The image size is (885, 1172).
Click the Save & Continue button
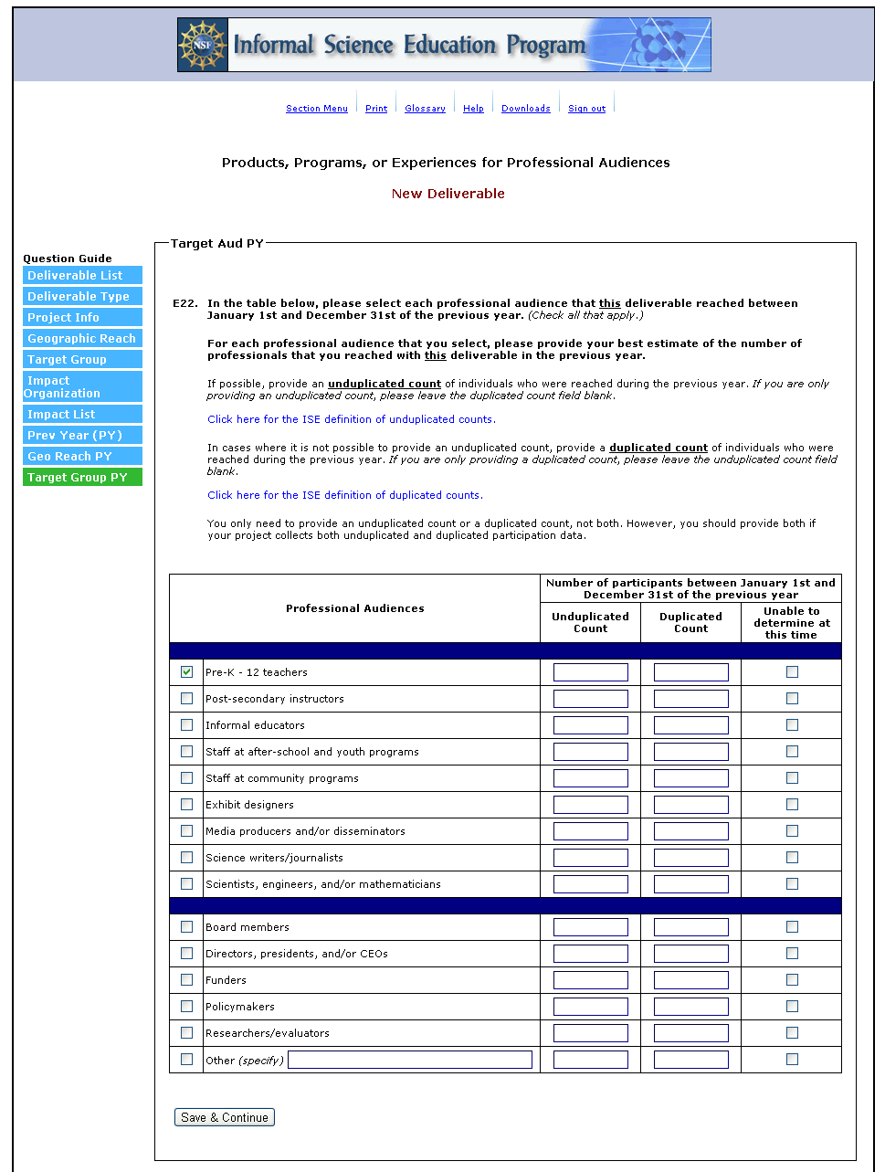point(225,1117)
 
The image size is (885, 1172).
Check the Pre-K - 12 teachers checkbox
point(187,672)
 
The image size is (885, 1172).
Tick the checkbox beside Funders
point(187,980)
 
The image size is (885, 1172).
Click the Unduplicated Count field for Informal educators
point(590,725)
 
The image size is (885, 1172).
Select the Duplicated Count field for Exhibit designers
point(690,805)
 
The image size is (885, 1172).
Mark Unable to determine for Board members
point(792,927)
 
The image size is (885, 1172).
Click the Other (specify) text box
point(410,1060)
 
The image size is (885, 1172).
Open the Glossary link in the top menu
point(425,109)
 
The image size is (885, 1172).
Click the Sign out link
point(586,109)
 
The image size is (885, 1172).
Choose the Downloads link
point(525,109)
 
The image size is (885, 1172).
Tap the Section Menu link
point(316,109)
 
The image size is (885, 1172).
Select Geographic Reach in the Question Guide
point(82,339)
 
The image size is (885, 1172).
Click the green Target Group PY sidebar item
point(82,478)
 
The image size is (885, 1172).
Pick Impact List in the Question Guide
point(82,415)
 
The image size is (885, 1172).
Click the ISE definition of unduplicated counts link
point(351,419)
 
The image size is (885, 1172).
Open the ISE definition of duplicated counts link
point(344,495)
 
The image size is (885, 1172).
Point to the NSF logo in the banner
point(203,45)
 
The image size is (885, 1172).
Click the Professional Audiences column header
point(354,608)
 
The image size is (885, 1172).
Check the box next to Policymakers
point(187,1007)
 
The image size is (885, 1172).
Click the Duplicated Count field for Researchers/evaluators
point(690,1033)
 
